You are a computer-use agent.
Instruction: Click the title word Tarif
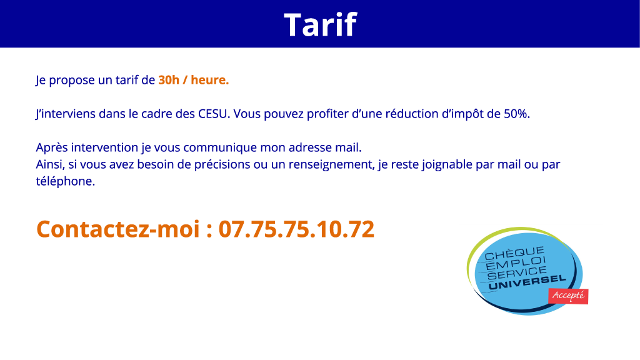pyautogui.click(x=320, y=24)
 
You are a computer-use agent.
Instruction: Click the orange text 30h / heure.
pyautogui.click(x=193, y=80)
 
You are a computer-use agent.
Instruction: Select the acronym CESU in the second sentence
pyautogui.click(x=213, y=114)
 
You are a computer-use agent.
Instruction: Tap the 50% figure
pyautogui.click(x=516, y=114)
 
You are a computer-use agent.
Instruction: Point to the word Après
pyautogui.click(x=52, y=148)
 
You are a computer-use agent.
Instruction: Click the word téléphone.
pyautogui.click(x=65, y=182)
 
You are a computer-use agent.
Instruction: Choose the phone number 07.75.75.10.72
pyautogui.click(x=296, y=229)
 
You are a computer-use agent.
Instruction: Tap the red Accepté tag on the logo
pyautogui.click(x=568, y=296)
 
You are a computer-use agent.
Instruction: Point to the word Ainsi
pyautogui.click(x=49, y=166)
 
